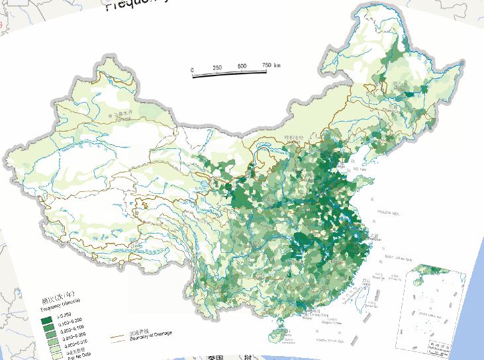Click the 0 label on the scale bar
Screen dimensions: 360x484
192,69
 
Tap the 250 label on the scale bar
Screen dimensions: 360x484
217,67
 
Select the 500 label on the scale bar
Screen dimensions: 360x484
242,66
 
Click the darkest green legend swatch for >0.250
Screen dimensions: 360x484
46,320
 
